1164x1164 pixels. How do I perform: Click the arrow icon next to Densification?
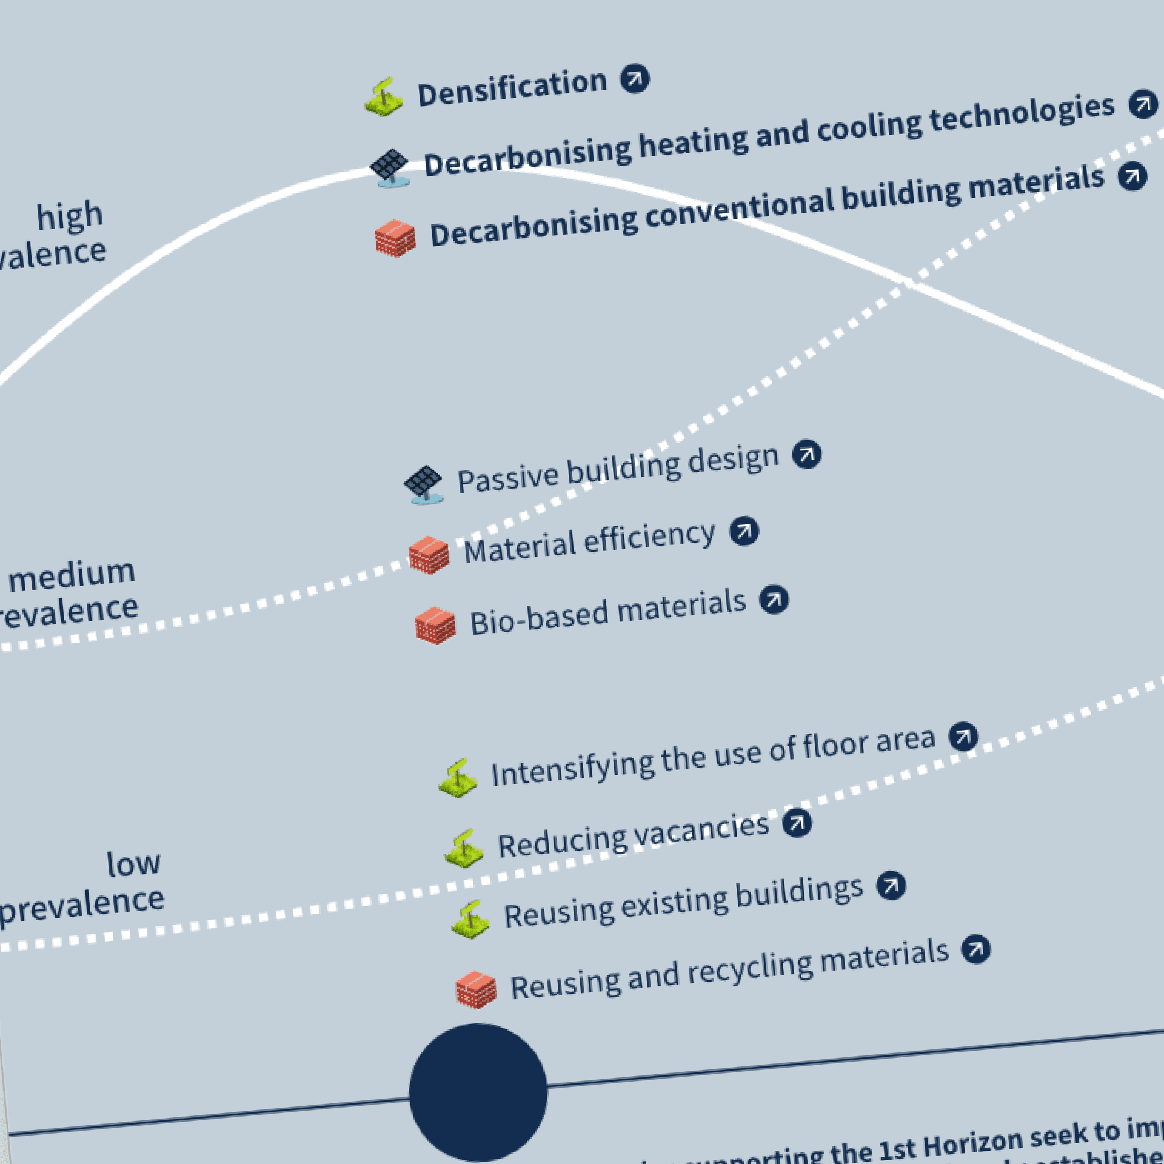[634, 79]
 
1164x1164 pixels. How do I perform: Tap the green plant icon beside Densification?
[383, 97]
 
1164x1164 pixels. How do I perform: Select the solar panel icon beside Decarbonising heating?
[390, 167]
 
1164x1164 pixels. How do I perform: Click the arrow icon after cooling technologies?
[1143, 104]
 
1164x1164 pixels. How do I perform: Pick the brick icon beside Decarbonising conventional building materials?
[395, 238]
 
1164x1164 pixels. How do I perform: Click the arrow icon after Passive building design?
[807, 454]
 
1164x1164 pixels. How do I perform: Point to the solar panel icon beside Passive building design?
[424, 484]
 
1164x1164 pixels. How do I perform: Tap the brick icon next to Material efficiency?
[429, 554]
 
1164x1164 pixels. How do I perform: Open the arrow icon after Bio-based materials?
[774, 600]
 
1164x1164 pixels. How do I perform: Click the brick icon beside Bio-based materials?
[435, 625]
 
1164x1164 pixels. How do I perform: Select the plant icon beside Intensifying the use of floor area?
[458, 778]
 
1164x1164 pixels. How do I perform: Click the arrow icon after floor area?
[963, 737]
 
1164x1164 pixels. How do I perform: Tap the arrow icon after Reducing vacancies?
[797, 823]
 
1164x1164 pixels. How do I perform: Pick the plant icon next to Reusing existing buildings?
[470, 920]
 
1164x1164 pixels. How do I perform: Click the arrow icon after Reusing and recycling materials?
[976, 949]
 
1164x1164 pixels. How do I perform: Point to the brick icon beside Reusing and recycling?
[476, 990]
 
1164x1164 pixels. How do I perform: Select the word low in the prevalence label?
[133, 863]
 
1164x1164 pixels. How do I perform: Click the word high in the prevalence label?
[70, 216]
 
